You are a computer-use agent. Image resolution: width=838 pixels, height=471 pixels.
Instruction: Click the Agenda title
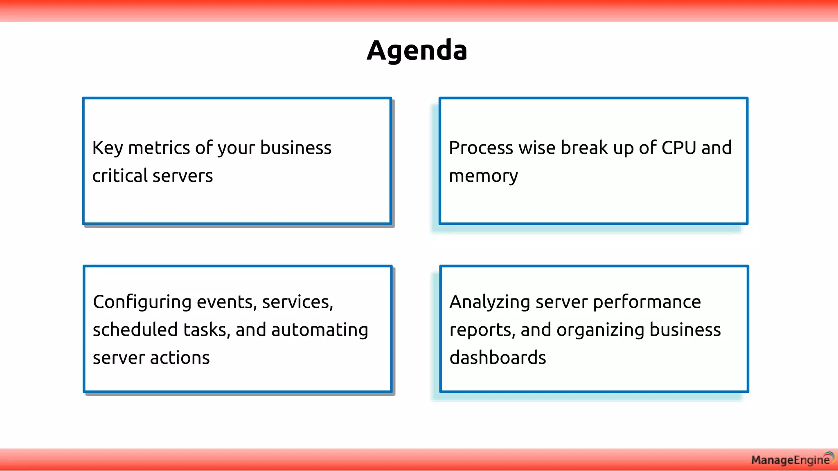(x=417, y=50)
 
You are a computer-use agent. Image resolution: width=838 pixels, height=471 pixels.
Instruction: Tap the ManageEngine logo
(x=792, y=460)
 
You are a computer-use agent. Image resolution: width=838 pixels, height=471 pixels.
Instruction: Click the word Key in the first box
(x=107, y=148)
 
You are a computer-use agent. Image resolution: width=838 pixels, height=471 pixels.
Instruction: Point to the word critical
(x=119, y=176)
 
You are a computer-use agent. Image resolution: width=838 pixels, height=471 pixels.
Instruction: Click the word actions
(x=180, y=358)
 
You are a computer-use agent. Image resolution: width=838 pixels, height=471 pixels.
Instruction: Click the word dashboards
(x=498, y=358)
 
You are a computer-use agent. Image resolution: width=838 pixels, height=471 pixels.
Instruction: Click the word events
(x=226, y=302)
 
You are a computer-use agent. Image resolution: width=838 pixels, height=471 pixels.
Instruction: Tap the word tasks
(x=206, y=330)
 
